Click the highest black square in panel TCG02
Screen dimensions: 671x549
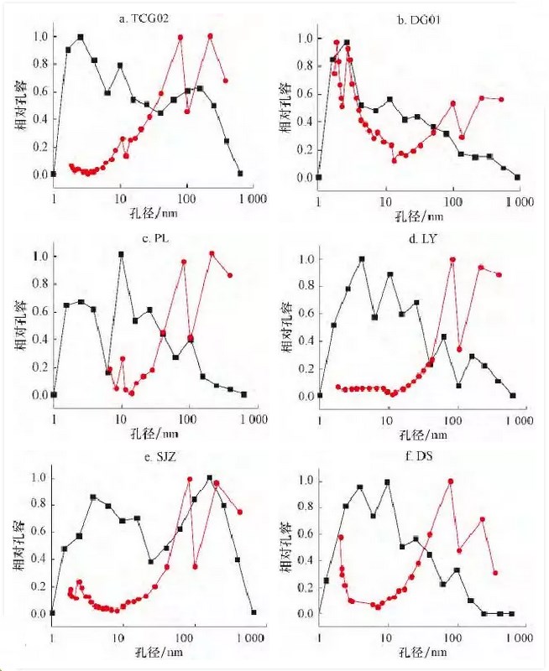point(81,37)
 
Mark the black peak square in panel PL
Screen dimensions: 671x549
point(122,254)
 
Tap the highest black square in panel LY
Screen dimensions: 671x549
point(362,259)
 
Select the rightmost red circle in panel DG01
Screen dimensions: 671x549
point(501,100)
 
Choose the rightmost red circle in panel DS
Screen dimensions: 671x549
point(495,573)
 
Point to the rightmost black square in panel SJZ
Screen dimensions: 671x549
point(254,612)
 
